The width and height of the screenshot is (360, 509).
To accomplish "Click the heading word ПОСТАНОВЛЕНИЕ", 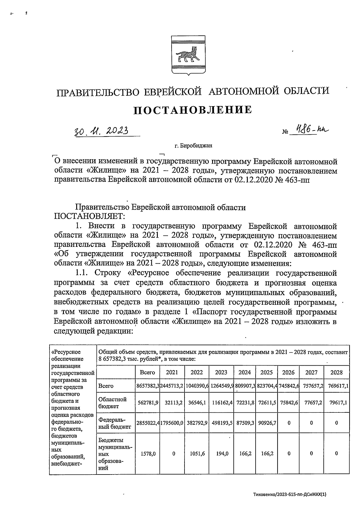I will (x=192, y=110).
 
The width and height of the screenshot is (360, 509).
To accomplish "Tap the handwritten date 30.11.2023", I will (x=101, y=131).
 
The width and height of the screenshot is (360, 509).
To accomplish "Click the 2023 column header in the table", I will (x=221, y=372).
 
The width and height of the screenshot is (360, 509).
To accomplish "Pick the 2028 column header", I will (x=336, y=372).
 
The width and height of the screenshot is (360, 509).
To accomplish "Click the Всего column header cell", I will (x=147, y=372).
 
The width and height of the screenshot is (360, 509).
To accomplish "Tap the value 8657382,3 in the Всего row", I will (x=148, y=386).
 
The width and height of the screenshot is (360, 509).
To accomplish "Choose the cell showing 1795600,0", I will (x=172, y=423).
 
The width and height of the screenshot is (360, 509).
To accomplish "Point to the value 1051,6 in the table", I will (x=197, y=454).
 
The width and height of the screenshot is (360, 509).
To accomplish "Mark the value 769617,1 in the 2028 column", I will (x=336, y=386).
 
